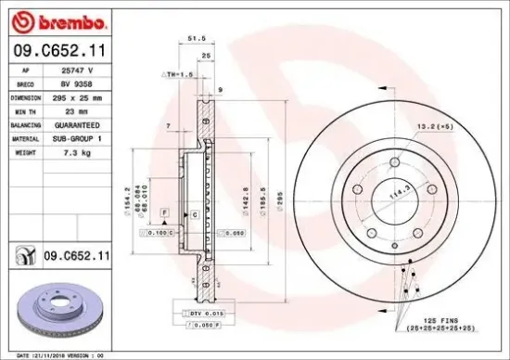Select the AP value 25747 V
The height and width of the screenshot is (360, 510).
point(77,71)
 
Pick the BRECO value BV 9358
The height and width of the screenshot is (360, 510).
point(76,84)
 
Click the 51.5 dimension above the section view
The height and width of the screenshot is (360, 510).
point(195,40)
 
